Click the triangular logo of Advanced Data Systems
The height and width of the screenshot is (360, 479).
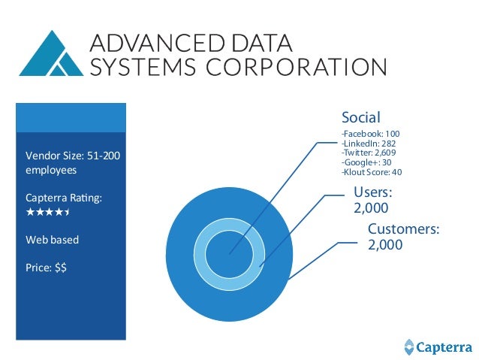[52, 54]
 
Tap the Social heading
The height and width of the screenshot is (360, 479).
[360, 117]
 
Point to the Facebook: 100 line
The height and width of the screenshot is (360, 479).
[370, 134]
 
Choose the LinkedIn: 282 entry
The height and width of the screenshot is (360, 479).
[368, 144]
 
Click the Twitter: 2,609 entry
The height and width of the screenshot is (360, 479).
[368, 153]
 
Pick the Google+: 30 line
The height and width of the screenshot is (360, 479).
[366, 162]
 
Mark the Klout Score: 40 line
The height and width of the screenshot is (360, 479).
[372, 172]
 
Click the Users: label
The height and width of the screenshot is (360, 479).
[373, 192]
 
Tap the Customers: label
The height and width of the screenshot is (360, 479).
[403, 229]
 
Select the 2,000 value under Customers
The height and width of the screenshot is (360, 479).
[385, 245]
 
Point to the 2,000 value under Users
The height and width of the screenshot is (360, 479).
[371, 207]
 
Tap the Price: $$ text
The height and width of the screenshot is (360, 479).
[46, 266]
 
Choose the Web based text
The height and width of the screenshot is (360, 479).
[52, 240]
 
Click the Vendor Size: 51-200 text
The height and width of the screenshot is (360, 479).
[73, 156]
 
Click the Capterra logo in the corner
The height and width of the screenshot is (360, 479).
[435, 347]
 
